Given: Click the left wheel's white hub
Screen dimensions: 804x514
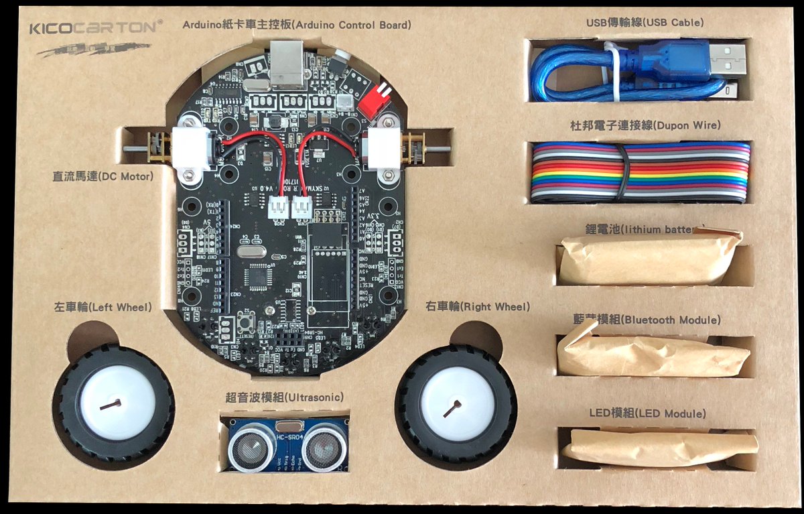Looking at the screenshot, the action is point(115,403).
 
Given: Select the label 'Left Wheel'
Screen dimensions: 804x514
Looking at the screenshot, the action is point(103,308).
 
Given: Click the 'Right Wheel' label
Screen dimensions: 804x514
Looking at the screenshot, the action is point(478,307).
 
